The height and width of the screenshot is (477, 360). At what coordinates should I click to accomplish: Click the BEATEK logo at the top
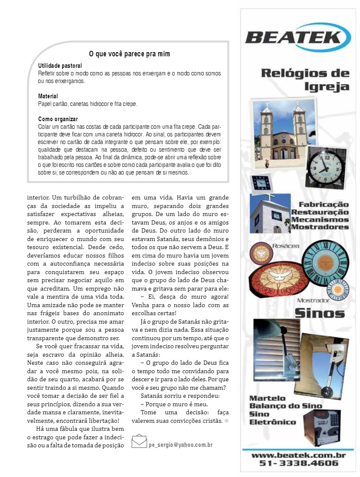[298, 37]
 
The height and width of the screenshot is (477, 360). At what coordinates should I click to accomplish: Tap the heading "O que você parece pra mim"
[130, 54]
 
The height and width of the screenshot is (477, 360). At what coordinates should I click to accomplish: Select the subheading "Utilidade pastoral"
[60, 66]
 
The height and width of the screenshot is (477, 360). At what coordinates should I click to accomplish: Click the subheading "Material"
[48, 96]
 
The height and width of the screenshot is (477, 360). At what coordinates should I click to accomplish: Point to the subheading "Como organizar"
[58, 119]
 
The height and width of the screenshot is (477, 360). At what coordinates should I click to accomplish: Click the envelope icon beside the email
[139, 441]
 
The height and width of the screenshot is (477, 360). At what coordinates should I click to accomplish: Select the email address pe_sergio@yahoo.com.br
[180, 445]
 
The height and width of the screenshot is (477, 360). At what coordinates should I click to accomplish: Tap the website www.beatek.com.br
[299, 455]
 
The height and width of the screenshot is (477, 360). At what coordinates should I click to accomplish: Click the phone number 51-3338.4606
[299, 463]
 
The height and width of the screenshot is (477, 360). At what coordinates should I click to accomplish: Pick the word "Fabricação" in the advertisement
[320, 205]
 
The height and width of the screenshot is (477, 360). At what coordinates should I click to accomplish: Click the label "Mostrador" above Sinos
[313, 300]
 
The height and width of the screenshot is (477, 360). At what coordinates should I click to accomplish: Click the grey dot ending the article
[227, 421]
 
